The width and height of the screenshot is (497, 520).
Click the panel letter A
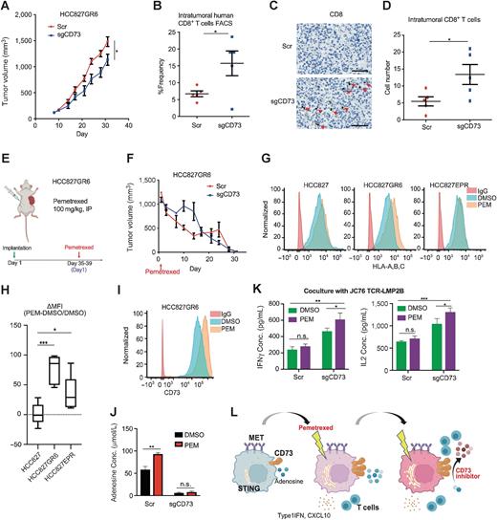pyautogui.click(x=7, y=8)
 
